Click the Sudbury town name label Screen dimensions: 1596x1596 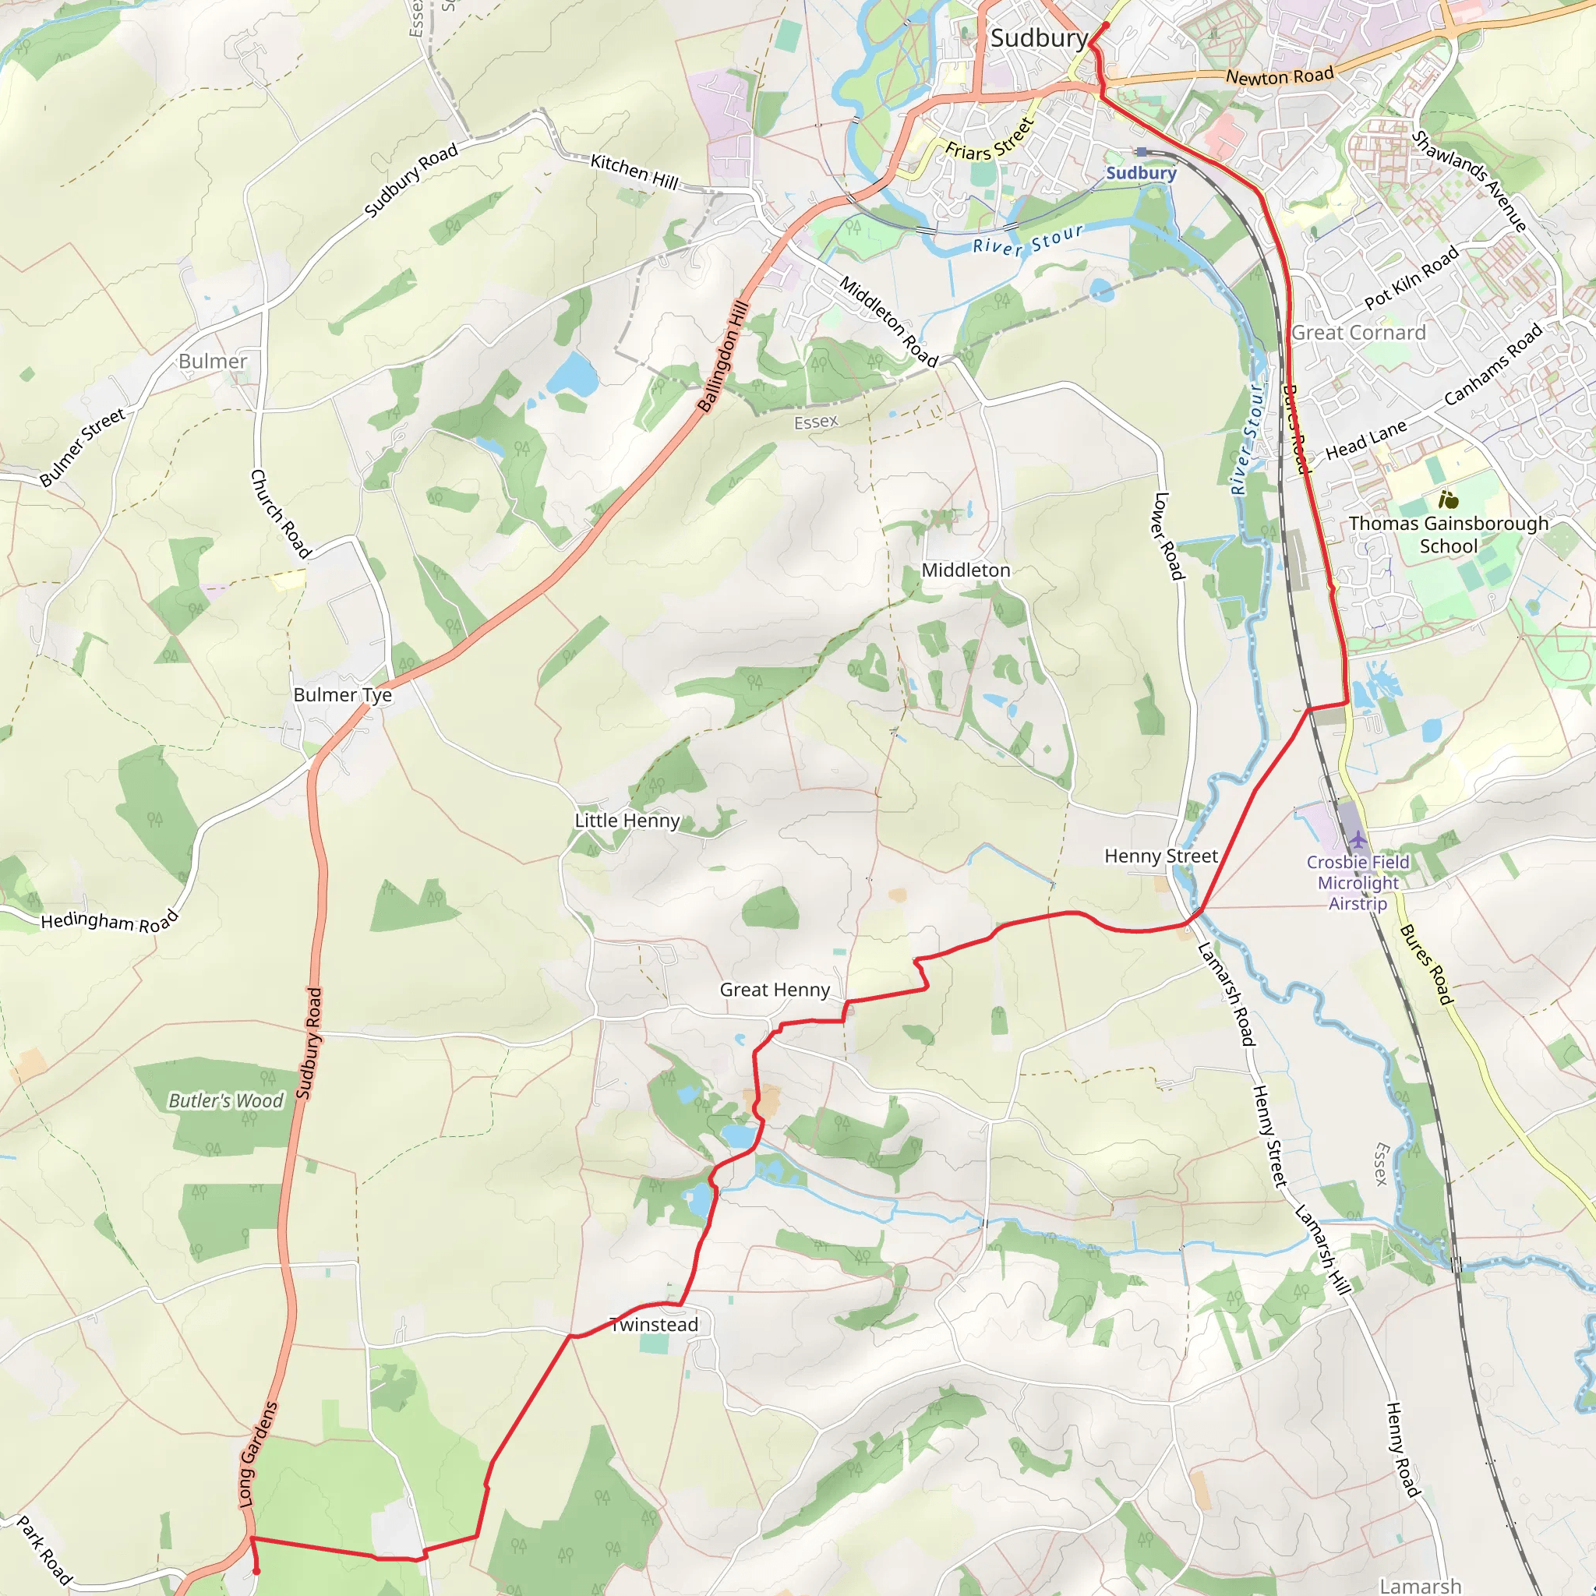[x=1038, y=38]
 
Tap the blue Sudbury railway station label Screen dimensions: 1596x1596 [x=1141, y=173]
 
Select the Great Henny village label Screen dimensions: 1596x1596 [x=774, y=990]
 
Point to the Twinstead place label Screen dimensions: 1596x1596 [x=655, y=1324]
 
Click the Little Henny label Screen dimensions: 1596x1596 [x=627, y=821]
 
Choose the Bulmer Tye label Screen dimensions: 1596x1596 [x=343, y=694]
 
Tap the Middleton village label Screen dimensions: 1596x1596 [x=966, y=570]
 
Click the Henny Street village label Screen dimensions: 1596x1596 [x=1160, y=856]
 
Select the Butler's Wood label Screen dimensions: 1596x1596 [x=225, y=1100]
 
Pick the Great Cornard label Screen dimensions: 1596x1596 [x=1359, y=333]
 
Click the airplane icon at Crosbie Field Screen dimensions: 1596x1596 [x=1358, y=841]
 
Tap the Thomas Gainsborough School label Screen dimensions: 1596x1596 [x=1448, y=535]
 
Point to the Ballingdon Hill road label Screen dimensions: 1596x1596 [x=723, y=357]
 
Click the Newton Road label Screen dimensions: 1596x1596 [x=1280, y=76]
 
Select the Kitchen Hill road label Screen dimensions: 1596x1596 [x=634, y=171]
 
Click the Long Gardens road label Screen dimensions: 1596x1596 [x=258, y=1453]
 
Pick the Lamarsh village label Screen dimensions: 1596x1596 [x=1420, y=1585]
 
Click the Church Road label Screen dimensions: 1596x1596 [x=280, y=514]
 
